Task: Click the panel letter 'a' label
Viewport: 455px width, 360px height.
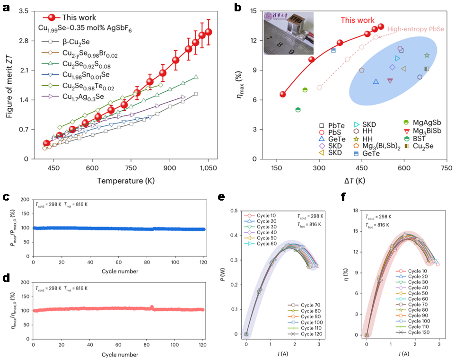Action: (7, 8)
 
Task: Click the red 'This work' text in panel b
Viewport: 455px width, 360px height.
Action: (358, 20)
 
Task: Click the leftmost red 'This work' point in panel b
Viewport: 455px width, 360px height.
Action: (283, 94)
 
